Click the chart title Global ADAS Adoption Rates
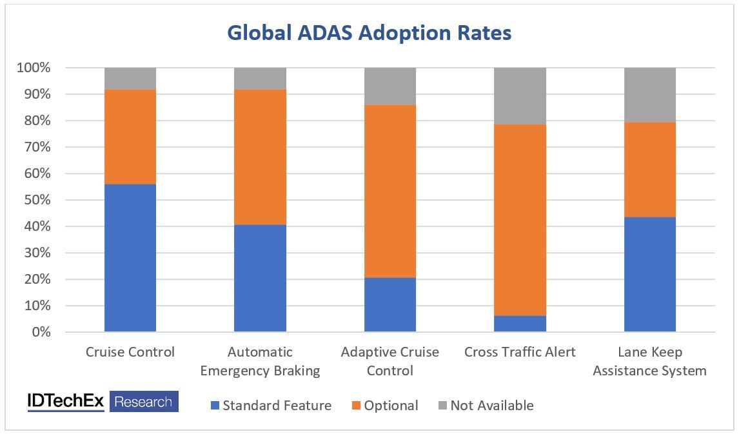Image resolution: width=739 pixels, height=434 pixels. [369, 32]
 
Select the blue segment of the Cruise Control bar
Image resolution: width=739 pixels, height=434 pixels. [130, 258]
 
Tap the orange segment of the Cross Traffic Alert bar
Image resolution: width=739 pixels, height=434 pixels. [520, 219]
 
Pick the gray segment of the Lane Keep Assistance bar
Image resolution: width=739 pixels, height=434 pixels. [650, 95]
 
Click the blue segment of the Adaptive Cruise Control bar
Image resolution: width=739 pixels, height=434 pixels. [390, 304]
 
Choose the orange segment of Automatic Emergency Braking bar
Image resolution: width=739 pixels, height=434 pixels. [260, 157]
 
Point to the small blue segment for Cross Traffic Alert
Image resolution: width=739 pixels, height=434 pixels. [520, 324]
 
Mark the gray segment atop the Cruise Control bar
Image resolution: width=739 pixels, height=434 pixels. [130, 78]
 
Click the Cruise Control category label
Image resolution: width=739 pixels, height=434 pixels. [130, 352]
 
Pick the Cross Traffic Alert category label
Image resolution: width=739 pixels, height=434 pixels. [520, 352]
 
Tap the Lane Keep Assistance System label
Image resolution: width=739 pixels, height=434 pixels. [650, 361]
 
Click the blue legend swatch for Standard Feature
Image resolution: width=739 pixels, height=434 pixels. [215, 406]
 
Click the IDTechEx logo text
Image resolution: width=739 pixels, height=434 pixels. [66, 401]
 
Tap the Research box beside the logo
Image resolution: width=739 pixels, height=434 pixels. [144, 402]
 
